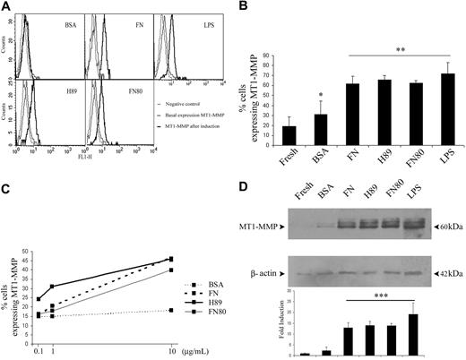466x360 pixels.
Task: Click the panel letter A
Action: pyautogui.click(x=8, y=7)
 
